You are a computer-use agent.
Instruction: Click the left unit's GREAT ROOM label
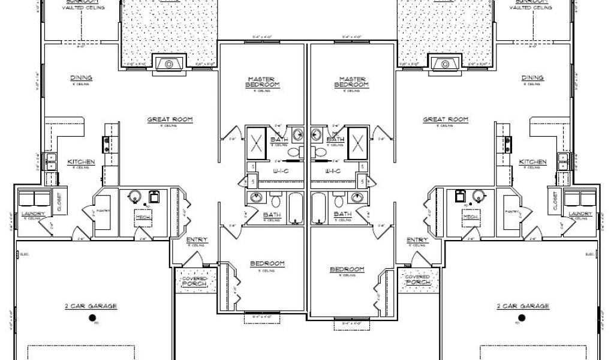pyautogui.click(x=170, y=120)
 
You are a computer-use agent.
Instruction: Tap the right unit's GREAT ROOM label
pyautogui.click(x=446, y=120)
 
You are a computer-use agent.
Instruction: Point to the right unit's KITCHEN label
pyautogui.click(x=532, y=163)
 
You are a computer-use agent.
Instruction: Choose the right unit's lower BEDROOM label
pyautogui.click(x=348, y=269)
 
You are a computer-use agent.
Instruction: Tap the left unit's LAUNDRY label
pyautogui.click(x=32, y=214)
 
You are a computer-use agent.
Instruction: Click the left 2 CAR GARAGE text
pyautogui.click(x=91, y=306)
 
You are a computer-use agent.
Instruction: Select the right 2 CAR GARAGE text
pyautogui.click(x=523, y=306)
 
